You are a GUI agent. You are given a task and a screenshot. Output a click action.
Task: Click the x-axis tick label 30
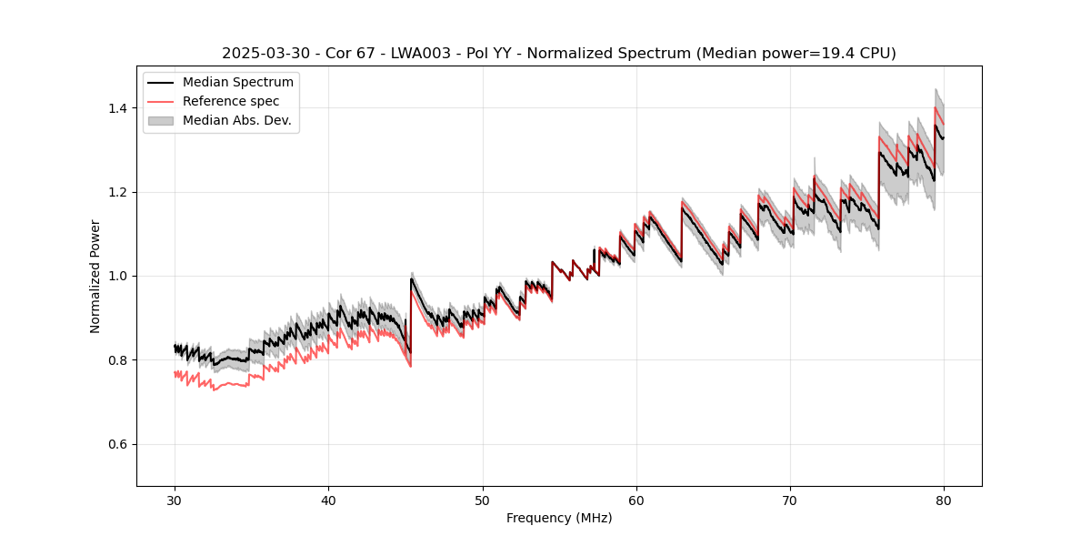tap(175, 500)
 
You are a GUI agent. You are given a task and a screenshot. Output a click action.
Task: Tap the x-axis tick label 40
tap(328, 500)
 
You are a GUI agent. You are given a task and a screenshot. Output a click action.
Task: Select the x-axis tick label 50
tap(482, 500)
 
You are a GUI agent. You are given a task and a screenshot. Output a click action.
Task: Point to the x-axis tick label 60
tap(636, 500)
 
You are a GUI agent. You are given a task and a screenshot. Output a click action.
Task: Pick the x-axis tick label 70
tap(790, 500)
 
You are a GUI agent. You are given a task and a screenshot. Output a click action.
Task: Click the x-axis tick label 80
tap(944, 500)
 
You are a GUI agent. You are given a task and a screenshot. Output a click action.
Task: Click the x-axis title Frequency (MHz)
tap(559, 518)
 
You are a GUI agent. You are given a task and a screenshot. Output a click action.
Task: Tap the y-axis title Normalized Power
tap(95, 276)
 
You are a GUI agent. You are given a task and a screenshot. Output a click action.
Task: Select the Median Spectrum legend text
tap(237, 83)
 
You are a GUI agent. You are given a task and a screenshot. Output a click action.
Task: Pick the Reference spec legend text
tap(231, 101)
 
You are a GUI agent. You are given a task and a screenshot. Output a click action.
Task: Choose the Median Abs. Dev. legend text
tap(236, 120)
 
